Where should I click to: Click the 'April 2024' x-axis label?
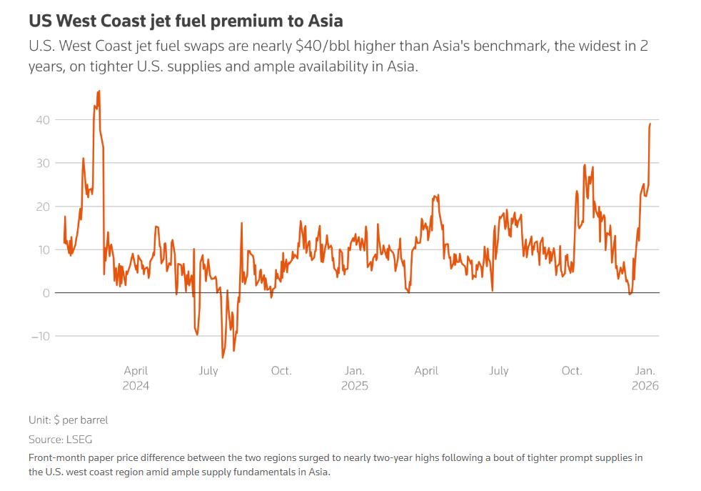coord(136,378)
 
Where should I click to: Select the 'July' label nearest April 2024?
coord(208,371)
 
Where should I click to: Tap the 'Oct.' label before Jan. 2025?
coord(281,371)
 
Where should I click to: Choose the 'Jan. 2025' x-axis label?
coord(355,378)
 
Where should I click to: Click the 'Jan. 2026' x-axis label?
coord(645,378)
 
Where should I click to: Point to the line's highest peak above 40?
coord(99,91)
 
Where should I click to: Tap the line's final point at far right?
coord(650,124)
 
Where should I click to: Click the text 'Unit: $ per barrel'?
coord(68,420)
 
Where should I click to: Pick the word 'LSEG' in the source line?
coord(79,440)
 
